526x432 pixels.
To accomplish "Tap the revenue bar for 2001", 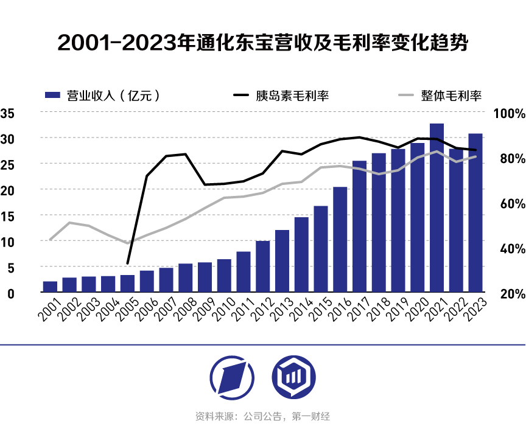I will (50, 287).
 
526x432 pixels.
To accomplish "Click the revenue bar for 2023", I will (475, 213).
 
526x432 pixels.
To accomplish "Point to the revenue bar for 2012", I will (263, 267).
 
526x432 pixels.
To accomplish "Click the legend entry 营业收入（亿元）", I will (104, 95).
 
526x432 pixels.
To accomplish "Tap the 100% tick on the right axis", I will (508, 114).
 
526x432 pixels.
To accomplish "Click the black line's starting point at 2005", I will (127, 263).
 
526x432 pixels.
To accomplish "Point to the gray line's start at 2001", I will (50, 240).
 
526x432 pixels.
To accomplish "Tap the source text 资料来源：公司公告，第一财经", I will (262, 417).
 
